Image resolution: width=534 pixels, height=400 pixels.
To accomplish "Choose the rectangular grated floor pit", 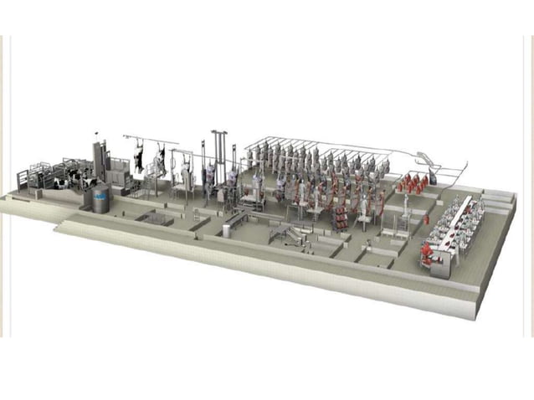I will [154, 218].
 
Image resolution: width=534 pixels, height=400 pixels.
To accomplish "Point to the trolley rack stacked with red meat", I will [341, 217].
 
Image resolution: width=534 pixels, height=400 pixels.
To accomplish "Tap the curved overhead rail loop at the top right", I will [427, 159].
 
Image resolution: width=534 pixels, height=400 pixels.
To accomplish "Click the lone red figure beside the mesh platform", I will [425, 219].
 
